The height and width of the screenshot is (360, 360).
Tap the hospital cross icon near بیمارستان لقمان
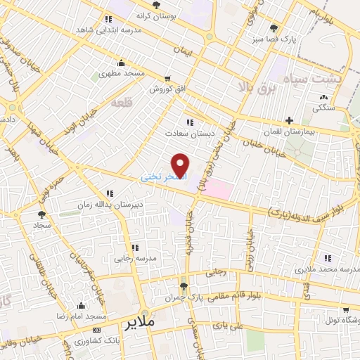tap(289, 121)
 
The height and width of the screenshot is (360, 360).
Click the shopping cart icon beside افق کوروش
tap(167, 78)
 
